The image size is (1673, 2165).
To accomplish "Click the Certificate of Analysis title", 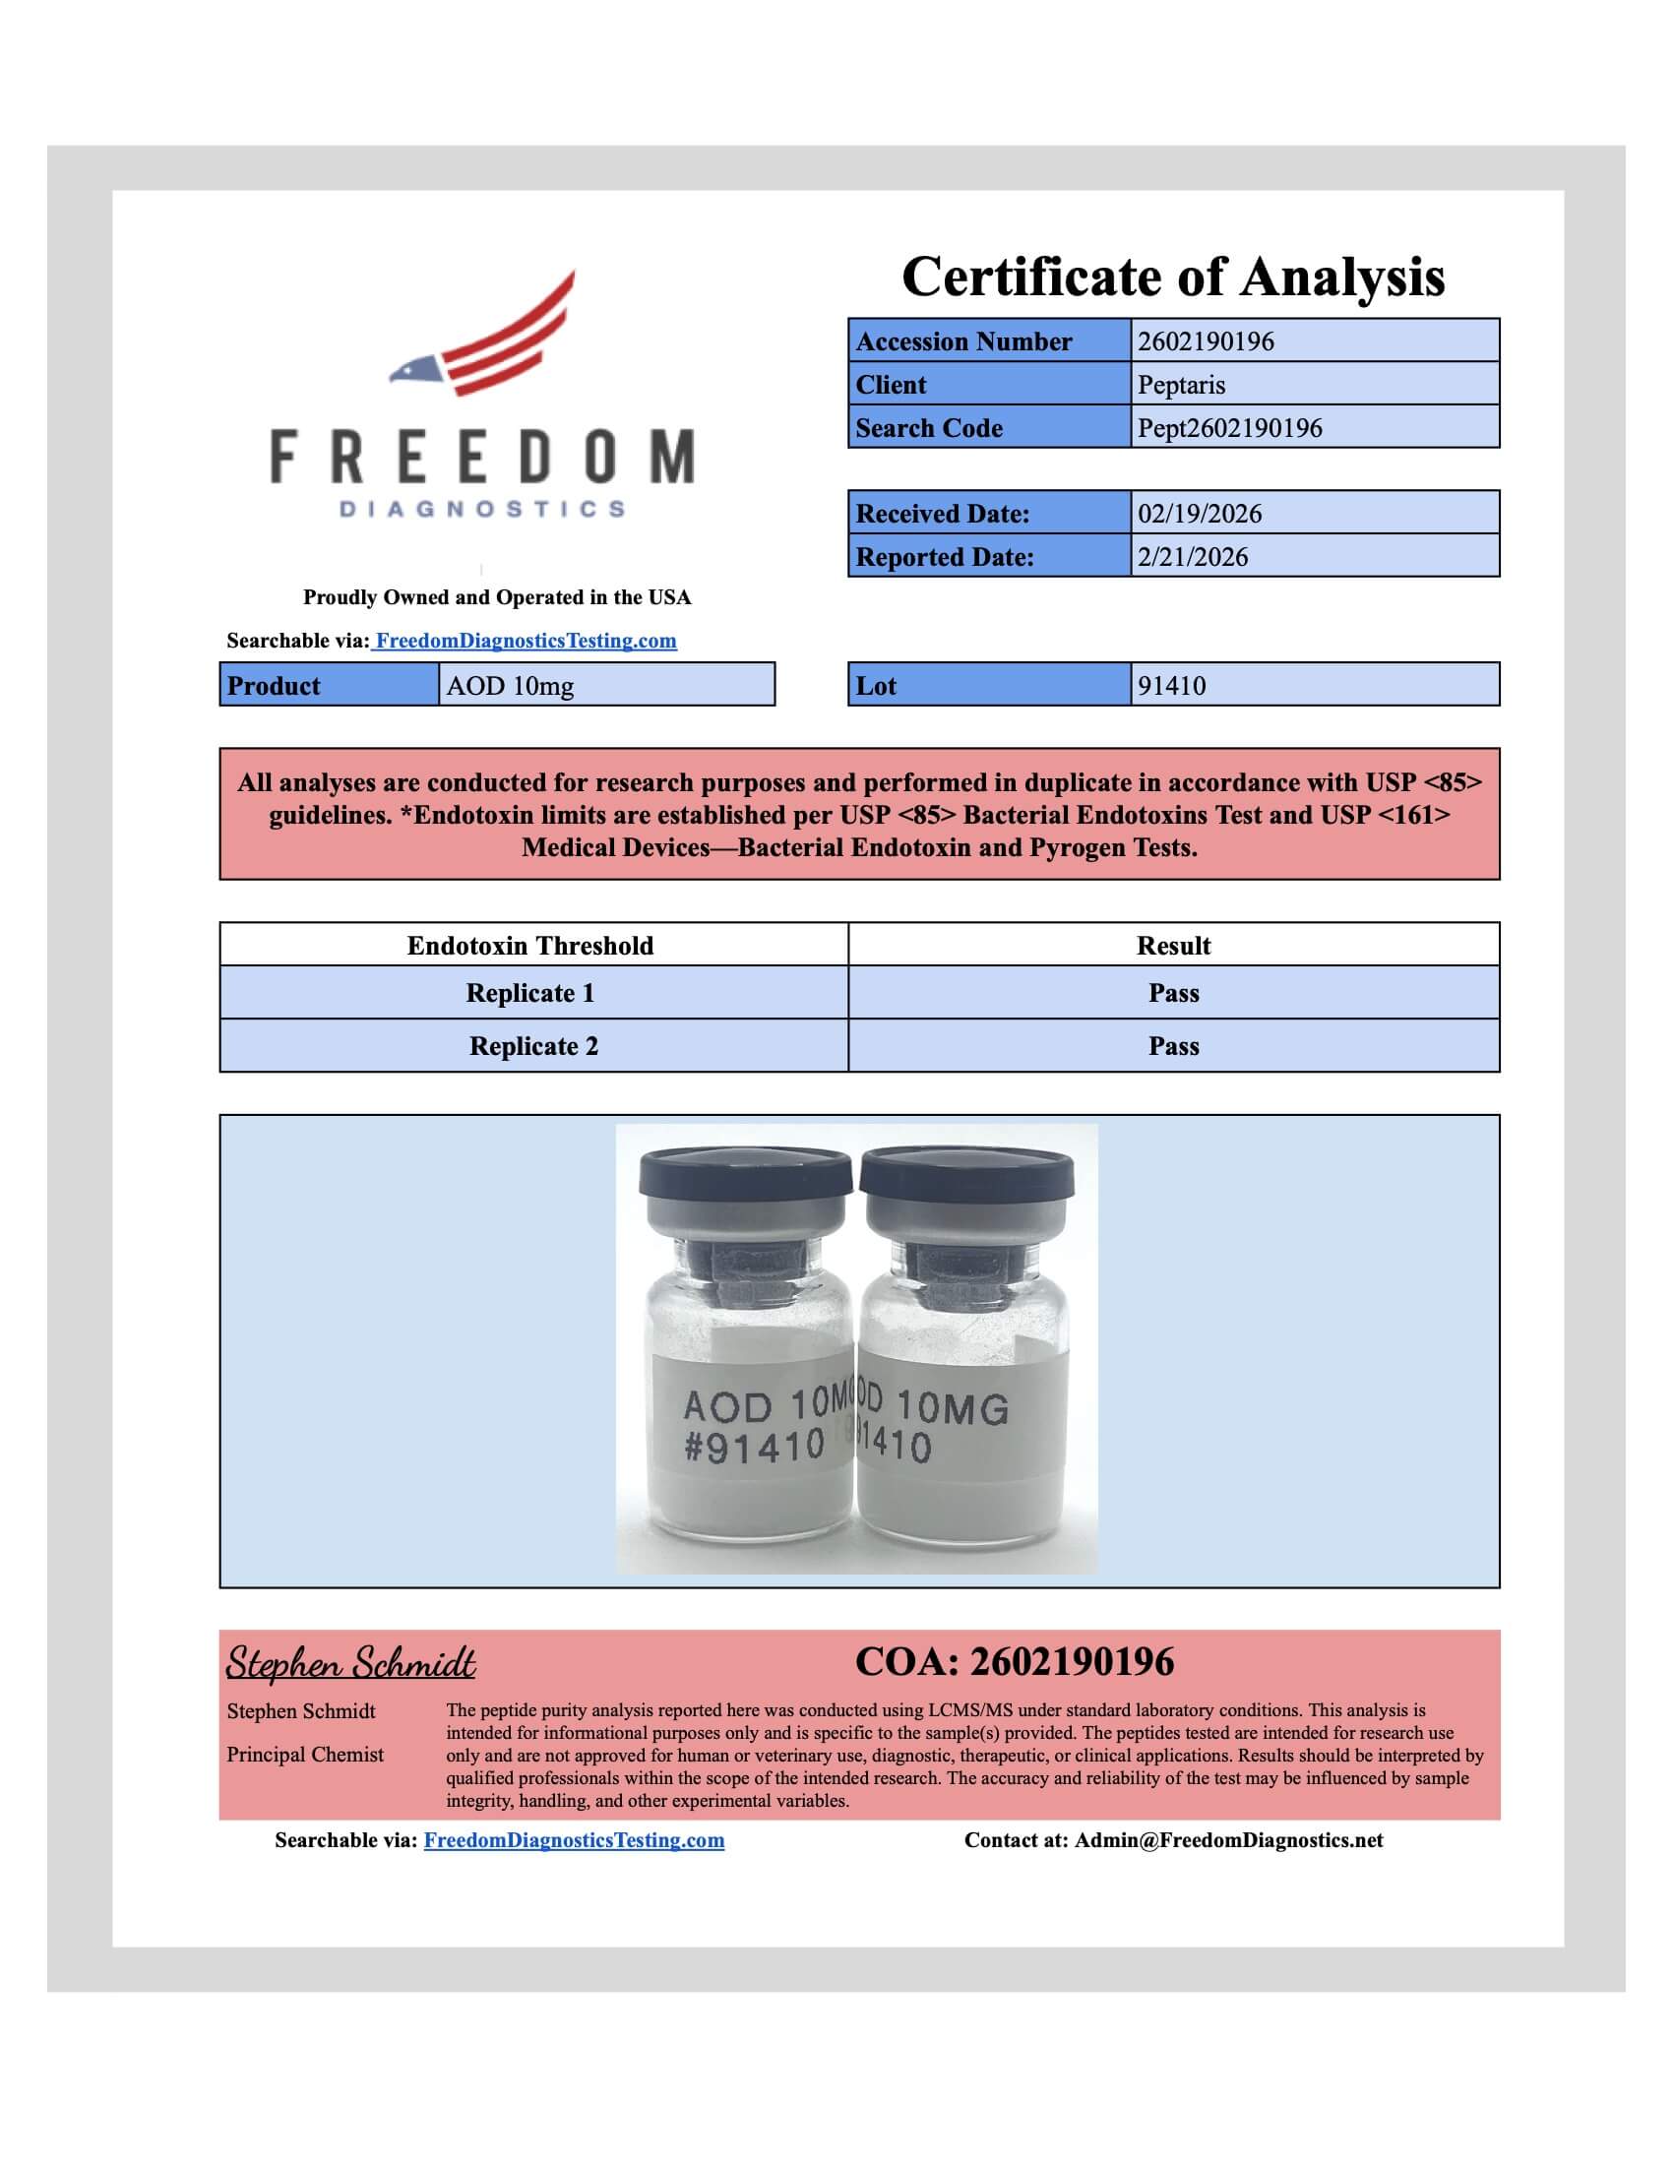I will [1172, 277].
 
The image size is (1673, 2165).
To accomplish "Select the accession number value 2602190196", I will [1206, 341].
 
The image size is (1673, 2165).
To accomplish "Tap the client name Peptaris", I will [1181, 385].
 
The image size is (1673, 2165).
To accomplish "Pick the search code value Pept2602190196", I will [1229, 428].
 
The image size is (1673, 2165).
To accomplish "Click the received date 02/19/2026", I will [1200, 514].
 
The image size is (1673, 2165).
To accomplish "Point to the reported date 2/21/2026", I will [1193, 557].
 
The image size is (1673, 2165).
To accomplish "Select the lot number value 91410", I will [1171, 686].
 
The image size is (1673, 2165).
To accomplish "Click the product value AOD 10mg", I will [510, 686].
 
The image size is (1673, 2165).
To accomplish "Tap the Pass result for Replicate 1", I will [1173, 993].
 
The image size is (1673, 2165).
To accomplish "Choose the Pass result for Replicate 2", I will [1173, 1046].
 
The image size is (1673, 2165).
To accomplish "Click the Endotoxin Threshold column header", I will [530, 946].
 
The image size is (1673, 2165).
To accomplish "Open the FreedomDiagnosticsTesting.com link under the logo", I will [526, 641].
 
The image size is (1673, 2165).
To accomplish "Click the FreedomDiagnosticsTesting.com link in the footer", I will [574, 1840].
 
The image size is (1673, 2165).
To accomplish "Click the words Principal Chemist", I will [305, 1755].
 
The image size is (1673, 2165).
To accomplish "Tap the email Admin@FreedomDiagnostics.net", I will [1229, 1840].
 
